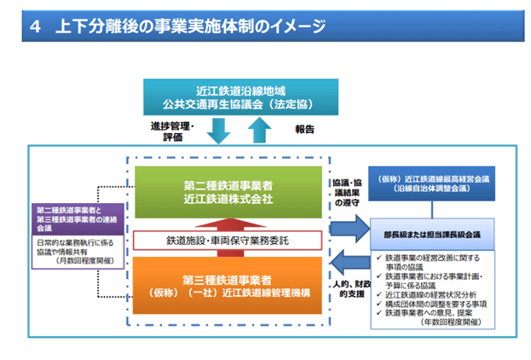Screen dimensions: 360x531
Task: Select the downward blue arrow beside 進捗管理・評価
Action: pyautogui.click(x=218, y=130)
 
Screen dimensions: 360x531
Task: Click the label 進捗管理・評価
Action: pyautogui.click(x=171, y=130)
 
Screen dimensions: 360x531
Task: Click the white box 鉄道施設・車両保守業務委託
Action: pyautogui.click(x=228, y=240)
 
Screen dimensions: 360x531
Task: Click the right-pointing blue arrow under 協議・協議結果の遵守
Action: pyautogui.click(x=344, y=228)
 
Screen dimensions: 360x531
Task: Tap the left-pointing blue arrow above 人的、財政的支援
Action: pyautogui.click(x=344, y=260)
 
